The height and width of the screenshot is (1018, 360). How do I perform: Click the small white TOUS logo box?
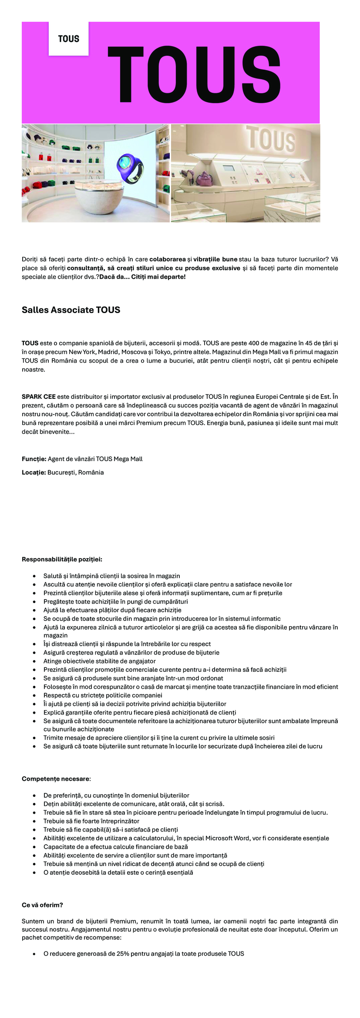pyautogui.click(x=69, y=39)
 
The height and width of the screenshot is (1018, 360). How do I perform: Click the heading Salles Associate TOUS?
pyautogui.click(x=71, y=310)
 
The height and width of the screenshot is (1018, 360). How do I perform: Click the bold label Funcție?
pyautogui.click(x=34, y=459)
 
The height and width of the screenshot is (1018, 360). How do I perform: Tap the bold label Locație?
pyautogui.click(x=34, y=472)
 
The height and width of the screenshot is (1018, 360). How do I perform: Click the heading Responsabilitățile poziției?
pyautogui.click(x=62, y=560)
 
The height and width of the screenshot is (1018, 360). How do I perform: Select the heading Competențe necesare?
pyautogui.click(x=56, y=779)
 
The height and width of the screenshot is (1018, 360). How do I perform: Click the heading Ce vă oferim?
pyautogui.click(x=42, y=905)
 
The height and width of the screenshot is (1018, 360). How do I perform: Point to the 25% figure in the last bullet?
pyautogui.click(x=122, y=954)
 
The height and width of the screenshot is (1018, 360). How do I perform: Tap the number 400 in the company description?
pyautogui.click(x=254, y=343)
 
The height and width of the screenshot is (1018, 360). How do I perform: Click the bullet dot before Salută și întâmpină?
pyautogui.click(x=34, y=576)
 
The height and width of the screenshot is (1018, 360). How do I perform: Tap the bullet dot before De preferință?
pyautogui.click(x=34, y=796)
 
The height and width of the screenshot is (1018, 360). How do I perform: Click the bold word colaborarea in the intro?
pyautogui.click(x=168, y=259)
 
